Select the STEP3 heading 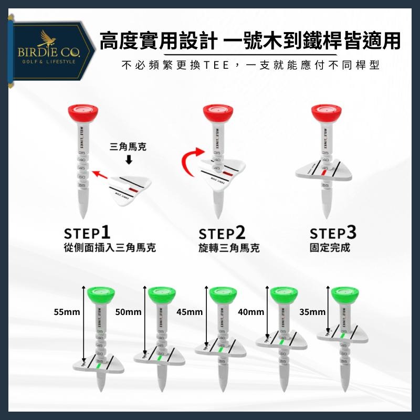[x=333, y=233]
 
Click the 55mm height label [x=67, y=312]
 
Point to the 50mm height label [x=129, y=312]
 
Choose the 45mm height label [x=190, y=312]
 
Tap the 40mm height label [x=250, y=312]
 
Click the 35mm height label [x=312, y=312]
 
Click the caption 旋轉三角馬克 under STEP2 [x=229, y=248]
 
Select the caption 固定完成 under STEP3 [x=330, y=247]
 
